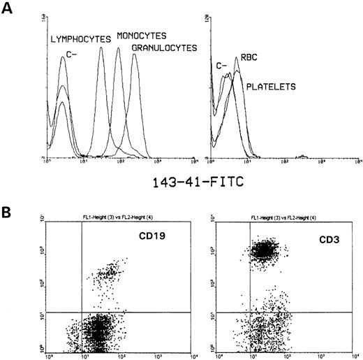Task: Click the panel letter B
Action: point(9,208)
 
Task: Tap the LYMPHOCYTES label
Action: point(81,40)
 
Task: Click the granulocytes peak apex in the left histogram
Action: point(135,53)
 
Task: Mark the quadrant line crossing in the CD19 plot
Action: point(82,311)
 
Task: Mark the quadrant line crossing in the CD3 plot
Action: point(251,311)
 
